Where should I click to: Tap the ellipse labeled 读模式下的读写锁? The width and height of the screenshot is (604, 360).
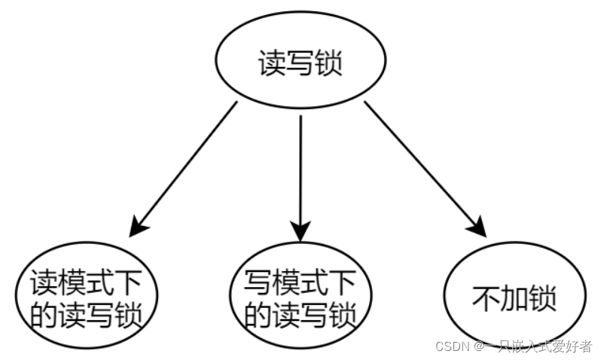pos(87,297)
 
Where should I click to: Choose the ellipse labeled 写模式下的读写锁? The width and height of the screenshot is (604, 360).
pos(300,297)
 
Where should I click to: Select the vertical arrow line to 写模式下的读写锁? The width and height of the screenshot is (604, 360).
pos(300,166)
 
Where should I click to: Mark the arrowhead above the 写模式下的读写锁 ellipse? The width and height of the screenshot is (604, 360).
pos(300,227)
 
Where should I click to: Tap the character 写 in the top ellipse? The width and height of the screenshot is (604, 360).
pos(300,64)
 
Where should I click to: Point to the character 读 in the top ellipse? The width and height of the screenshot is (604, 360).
pos(271,64)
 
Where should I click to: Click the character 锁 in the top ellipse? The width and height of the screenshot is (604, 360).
pos(328,64)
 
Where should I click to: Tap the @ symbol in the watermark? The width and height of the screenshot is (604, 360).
pos(478,346)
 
